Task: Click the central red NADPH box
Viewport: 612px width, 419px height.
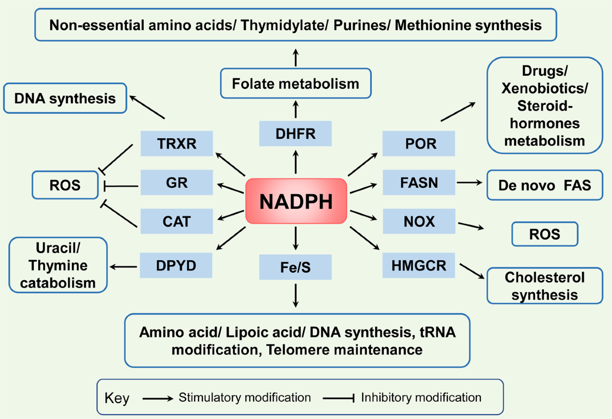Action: point(296,201)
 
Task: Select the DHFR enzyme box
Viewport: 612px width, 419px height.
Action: point(295,134)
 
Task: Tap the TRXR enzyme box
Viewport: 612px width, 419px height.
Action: point(176,143)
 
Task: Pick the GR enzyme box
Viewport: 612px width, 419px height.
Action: point(176,183)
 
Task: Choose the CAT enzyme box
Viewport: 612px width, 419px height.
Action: point(176,221)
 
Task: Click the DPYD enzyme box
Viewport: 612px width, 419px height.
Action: point(176,265)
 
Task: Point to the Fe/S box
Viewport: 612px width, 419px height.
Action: point(295,267)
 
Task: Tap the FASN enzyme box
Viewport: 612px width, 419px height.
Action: point(418,183)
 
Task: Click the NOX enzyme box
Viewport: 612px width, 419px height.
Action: point(418,221)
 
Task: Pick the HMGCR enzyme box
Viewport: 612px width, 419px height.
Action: point(418,265)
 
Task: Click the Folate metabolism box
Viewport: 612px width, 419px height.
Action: point(295,83)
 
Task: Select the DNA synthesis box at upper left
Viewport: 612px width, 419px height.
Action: point(65,98)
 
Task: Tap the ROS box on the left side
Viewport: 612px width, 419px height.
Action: point(65,185)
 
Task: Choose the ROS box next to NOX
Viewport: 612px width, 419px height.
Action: point(545,234)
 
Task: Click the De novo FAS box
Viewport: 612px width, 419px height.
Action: point(544,185)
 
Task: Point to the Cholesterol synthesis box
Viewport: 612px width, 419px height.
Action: point(544,286)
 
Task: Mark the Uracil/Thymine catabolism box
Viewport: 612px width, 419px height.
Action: point(58,265)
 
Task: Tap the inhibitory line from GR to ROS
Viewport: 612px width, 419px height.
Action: point(121,186)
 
